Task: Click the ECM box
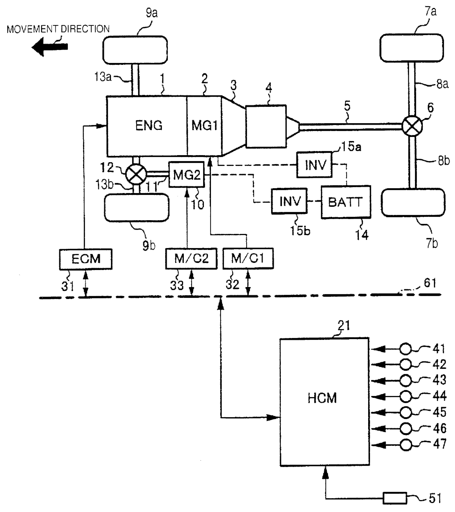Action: pyautogui.click(x=86, y=259)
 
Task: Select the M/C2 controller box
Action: pyautogui.click(x=191, y=258)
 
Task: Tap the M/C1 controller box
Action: pyautogui.click(x=248, y=258)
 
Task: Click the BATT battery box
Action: pyautogui.click(x=346, y=202)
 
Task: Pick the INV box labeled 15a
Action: pyautogui.click(x=314, y=165)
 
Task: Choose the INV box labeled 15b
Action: pyautogui.click(x=289, y=201)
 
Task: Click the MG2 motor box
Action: pyautogui.click(x=186, y=175)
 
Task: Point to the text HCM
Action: pyautogui.click(x=322, y=398)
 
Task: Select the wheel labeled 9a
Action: pyautogui.click(x=135, y=50)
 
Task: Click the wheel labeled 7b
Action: pyautogui.click(x=413, y=202)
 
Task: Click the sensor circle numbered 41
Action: pyautogui.click(x=406, y=349)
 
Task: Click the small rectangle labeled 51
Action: pyautogui.click(x=395, y=498)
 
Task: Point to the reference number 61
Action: pyautogui.click(x=430, y=283)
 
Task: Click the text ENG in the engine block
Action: pyautogui.click(x=148, y=125)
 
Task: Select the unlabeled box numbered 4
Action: pyautogui.click(x=266, y=126)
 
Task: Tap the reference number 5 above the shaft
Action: pyautogui.click(x=347, y=106)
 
